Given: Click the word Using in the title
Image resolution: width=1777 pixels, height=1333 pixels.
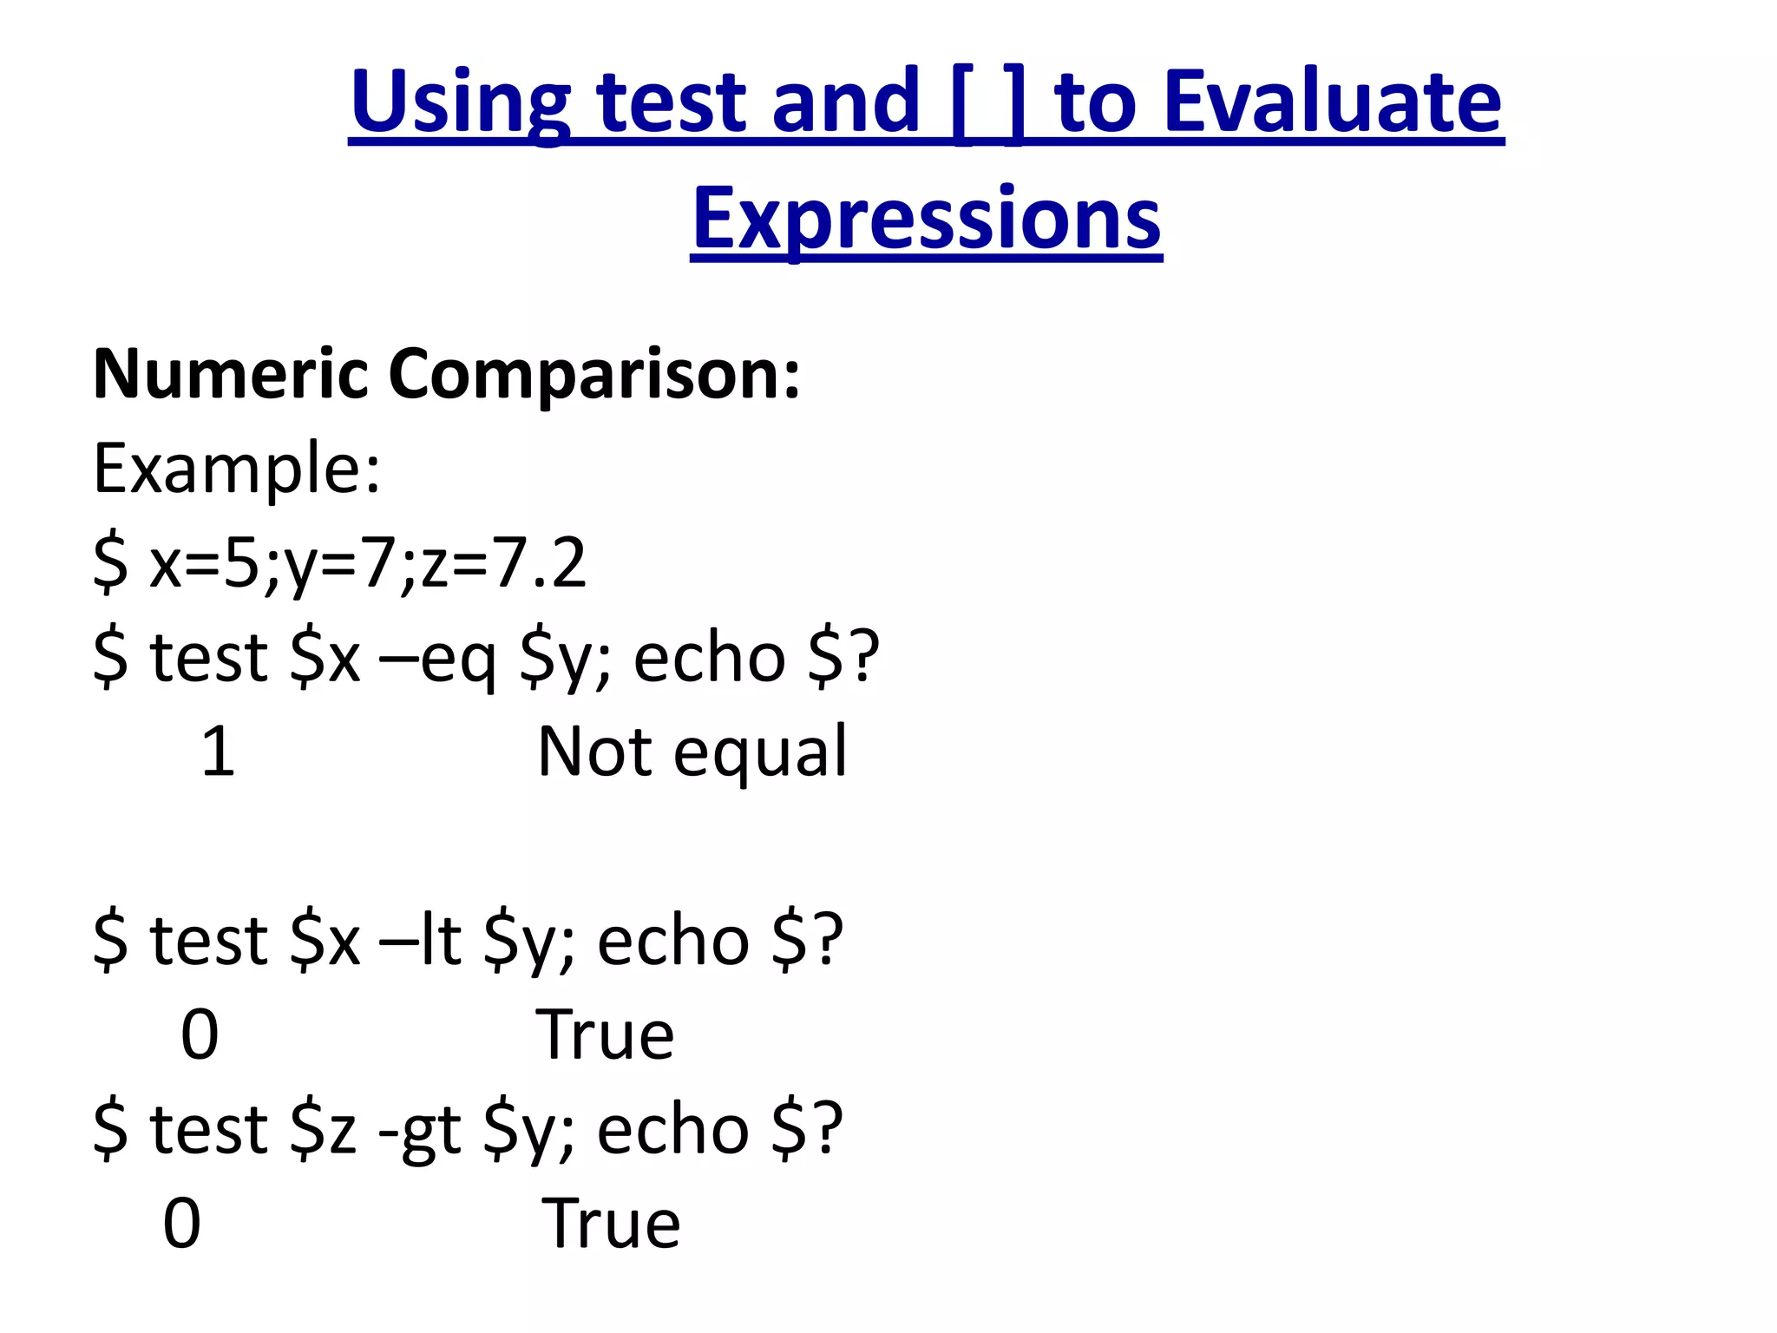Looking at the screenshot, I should tap(460, 104).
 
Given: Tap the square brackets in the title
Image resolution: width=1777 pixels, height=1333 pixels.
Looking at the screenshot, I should tap(988, 104).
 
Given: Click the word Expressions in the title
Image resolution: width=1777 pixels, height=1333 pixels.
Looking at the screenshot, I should tap(927, 219).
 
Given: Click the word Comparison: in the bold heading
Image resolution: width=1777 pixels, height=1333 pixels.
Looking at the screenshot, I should tap(594, 375).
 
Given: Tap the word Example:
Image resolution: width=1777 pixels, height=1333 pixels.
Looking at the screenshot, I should tap(237, 469).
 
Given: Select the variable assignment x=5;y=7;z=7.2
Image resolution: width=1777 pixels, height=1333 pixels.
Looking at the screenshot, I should tap(367, 564).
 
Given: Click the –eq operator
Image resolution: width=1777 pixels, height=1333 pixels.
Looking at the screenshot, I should tap(438, 658).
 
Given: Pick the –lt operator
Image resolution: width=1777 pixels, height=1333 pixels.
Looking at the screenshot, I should tap(420, 941).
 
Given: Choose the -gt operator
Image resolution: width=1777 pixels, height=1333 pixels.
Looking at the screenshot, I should tap(420, 1130).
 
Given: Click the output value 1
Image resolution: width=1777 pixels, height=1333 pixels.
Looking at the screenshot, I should tap(218, 752).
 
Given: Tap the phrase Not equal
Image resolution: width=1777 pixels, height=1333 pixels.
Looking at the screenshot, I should tap(692, 752).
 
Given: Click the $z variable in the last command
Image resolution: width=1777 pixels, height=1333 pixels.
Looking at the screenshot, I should tap(323, 1130).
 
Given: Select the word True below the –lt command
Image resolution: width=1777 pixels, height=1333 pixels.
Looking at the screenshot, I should tap(605, 1035).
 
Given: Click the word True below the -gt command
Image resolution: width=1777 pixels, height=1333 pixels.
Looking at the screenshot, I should tap(611, 1225).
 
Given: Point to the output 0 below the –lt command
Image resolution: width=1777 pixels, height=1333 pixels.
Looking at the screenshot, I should tap(200, 1035).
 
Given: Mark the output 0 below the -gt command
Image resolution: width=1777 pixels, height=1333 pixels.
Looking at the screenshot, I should tap(182, 1225).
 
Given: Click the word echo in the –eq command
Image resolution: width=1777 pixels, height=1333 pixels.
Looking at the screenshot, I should tap(709, 658).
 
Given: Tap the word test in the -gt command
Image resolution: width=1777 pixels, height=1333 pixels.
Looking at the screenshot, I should tap(208, 1130).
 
